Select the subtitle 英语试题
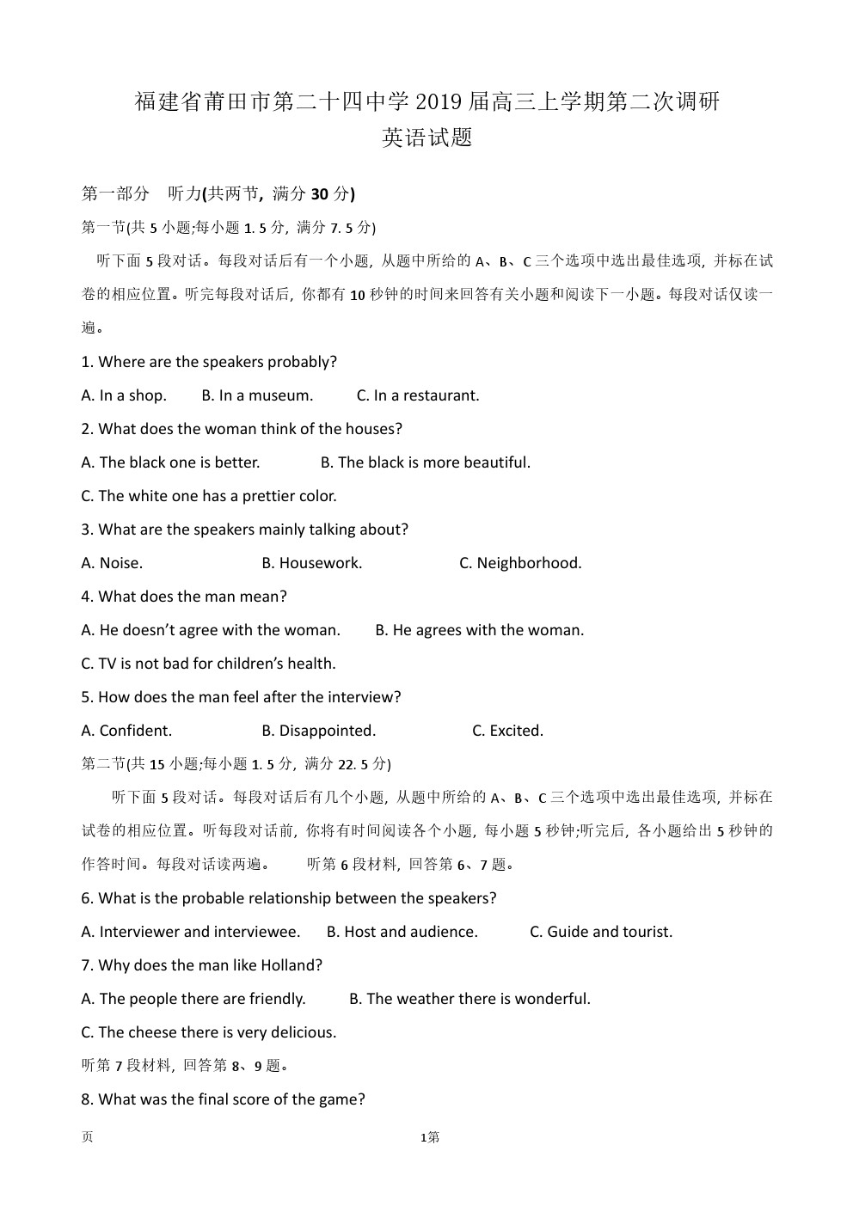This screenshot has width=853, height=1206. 426,138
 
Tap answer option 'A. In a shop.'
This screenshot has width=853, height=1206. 124,395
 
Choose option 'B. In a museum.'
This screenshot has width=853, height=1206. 257,395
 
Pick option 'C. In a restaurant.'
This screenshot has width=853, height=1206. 418,395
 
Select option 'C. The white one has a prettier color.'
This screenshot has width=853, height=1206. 209,496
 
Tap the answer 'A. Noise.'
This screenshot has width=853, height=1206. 112,563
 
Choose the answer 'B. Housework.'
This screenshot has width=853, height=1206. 312,563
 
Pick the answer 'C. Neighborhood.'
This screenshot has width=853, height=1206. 520,563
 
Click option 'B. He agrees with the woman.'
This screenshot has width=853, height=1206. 480,630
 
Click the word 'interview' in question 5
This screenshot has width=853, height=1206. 361,697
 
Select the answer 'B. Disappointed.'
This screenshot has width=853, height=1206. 319,731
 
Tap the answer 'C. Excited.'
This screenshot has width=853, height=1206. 507,731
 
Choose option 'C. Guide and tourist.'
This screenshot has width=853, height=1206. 601,932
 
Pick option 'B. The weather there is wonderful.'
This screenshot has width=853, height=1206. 470,999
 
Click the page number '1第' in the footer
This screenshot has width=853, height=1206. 429,1138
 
